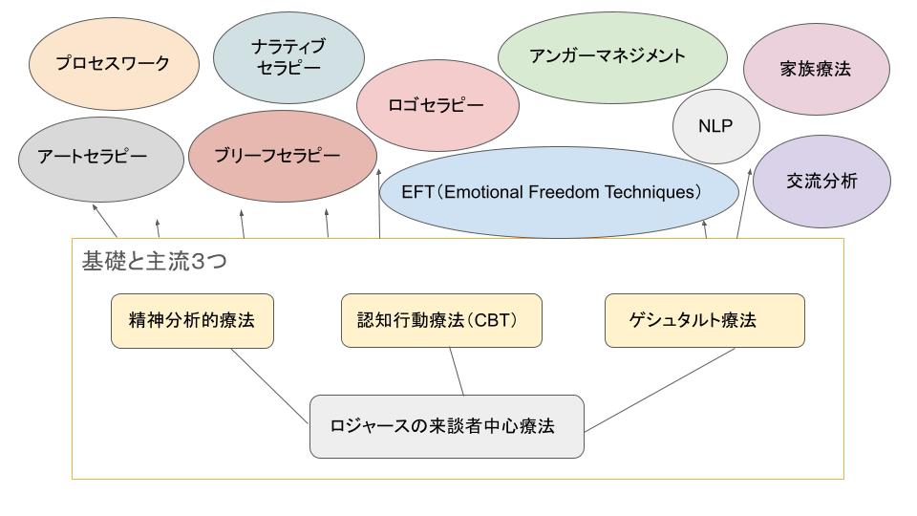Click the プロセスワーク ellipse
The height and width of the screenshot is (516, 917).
(114, 63)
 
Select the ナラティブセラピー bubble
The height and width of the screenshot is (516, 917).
(288, 57)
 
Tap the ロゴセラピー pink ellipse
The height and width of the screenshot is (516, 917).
(437, 105)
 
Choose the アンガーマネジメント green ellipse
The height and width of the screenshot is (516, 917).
(612, 57)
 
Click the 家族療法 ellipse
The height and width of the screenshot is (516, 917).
(817, 69)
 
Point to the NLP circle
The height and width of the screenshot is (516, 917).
(715, 126)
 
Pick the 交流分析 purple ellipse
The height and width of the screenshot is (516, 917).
(821, 182)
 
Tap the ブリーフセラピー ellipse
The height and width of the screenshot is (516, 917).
(283, 156)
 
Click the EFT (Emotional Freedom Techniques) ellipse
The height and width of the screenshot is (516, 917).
(559, 192)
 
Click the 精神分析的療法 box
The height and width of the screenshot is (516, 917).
(192, 321)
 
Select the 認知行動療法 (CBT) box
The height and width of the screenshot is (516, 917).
(441, 321)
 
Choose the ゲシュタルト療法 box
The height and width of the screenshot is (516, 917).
(705, 321)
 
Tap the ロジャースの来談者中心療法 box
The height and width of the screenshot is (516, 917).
(447, 426)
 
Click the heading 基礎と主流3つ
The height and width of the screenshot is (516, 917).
(154, 261)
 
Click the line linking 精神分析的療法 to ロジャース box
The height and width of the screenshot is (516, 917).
(269, 386)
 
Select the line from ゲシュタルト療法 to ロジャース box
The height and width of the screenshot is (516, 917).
(660, 390)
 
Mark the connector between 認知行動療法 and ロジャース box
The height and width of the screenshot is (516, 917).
(457, 372)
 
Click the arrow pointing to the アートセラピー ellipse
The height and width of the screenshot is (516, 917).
(105, 221)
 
